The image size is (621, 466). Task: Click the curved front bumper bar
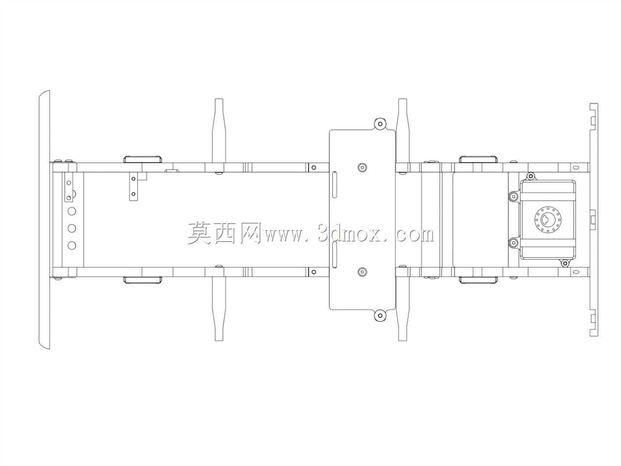[x=45, y=219]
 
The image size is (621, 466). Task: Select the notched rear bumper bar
[x=593, y=219]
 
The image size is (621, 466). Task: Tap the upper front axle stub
[x=219, y=131]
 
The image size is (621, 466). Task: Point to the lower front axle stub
[x=219, y=309]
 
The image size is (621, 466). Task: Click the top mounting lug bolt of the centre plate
[x=380, y=124]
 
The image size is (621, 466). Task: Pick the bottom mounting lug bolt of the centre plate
[x=380, y=316]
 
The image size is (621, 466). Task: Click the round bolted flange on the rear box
[x=548, y=220]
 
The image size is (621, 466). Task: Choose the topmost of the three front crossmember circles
[x=72, y=211]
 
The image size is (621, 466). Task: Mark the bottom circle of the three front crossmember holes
[x=72, y=245]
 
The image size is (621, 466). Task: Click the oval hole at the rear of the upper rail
[x=576, y=167]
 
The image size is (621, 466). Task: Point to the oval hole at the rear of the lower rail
[x=576, y=272]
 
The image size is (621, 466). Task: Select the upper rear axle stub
[x=403, y=131]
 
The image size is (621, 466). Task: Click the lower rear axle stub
[x=403, y=309]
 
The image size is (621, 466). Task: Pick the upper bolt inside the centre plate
[x=362, y=167]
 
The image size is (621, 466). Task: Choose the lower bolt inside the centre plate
[x=362, y=272]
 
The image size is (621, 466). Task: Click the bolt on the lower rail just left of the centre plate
[x=313, y=272]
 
